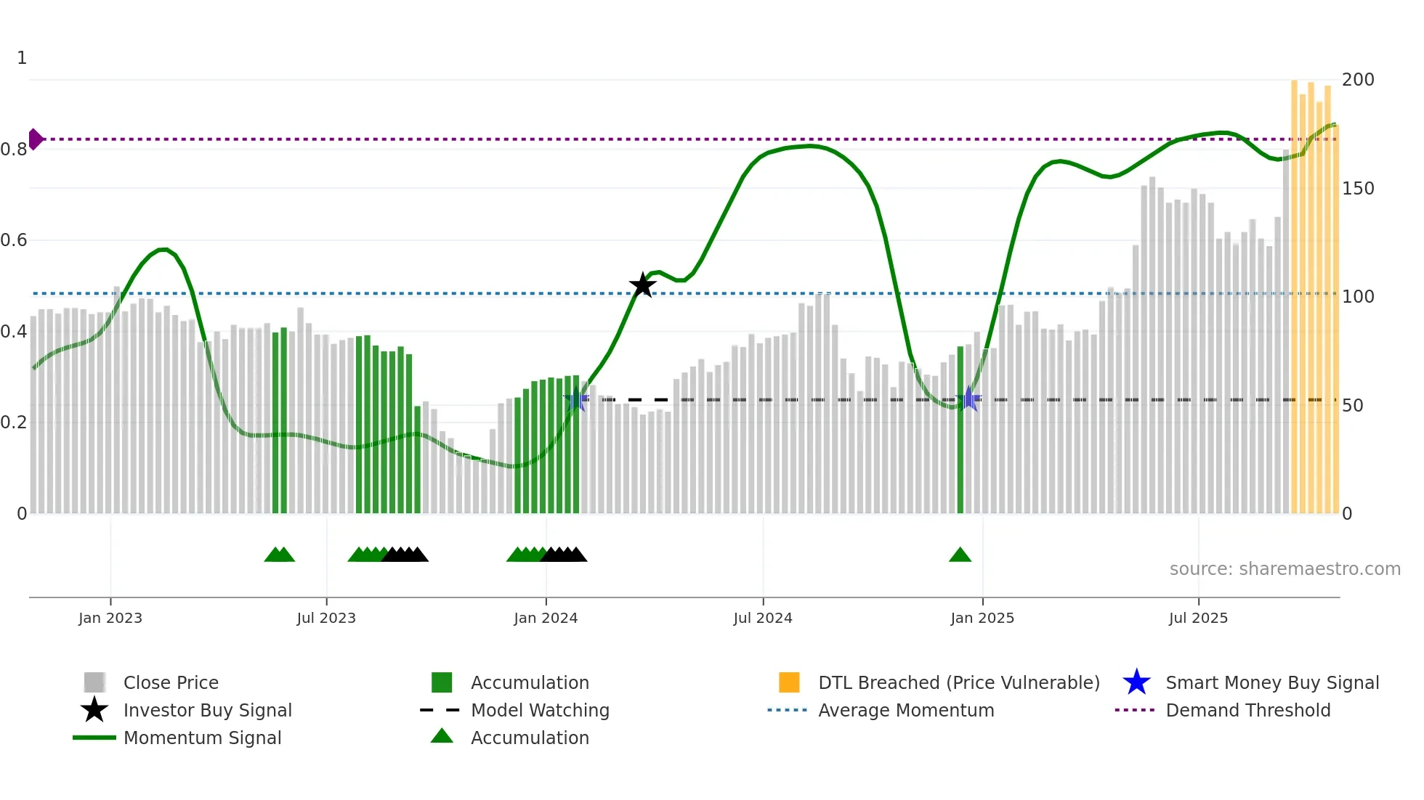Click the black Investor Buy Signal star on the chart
(x=642, y=285)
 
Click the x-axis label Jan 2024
(x=546, y=618)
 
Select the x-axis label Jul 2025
(x=1198, y=618)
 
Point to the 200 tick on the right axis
(x=1357, y=79)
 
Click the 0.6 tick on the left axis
(x=14, y=240)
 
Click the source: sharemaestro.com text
(x=1285, y=568)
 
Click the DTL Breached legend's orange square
(x=789, y=682)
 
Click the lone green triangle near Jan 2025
(x=960, y=555)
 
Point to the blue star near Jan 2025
(x=968, y=399)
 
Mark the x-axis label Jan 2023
(x=110, y=618)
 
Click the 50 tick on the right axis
(x=1352, y=405)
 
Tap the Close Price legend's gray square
(x=94, y=682)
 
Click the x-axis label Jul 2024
(x=763, y=618)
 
